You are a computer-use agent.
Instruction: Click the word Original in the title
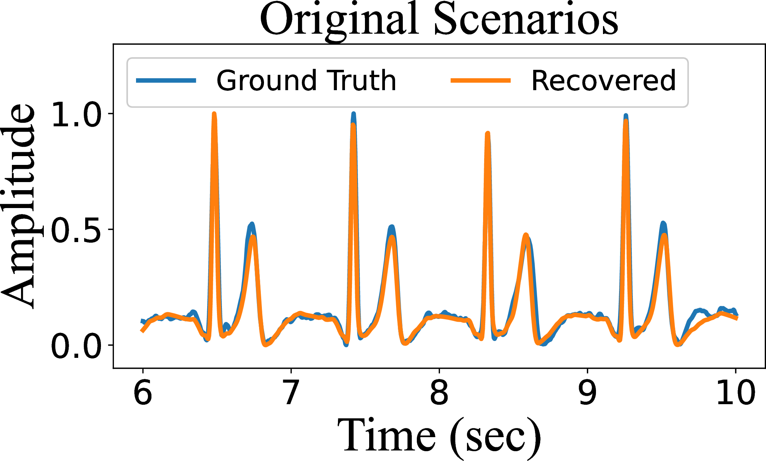point(339,20)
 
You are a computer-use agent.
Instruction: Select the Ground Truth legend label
point(306,81)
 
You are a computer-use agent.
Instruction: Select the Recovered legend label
point(603,81)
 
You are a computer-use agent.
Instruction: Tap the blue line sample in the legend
point(166,80)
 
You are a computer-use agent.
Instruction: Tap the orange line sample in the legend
point(480,80)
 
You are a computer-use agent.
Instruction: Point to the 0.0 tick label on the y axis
point(76,346)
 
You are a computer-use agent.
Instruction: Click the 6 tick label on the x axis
point(143,392)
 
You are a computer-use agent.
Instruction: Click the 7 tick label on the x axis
point(291,392)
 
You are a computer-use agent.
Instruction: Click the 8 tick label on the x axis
point(439,392)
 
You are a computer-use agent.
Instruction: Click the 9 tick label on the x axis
point(587,392)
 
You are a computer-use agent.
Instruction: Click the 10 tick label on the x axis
point(735,392)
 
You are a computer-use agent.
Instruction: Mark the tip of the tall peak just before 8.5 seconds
point(488,133)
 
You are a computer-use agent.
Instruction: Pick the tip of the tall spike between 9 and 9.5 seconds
point(626,115)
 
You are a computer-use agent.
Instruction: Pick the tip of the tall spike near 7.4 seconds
point(353,114)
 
